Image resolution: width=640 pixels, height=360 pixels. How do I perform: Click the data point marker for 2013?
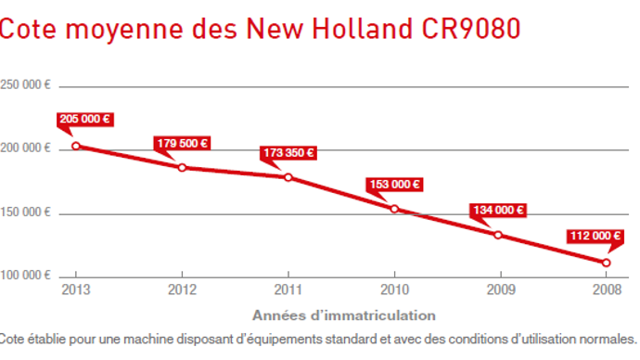point(76,146)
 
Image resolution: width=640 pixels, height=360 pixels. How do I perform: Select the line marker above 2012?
point(182,168)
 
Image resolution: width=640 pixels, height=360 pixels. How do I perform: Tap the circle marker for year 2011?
point(288,177)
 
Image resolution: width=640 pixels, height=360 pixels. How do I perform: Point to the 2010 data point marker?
point(394,209)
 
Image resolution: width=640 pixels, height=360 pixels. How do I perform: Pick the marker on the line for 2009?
point(498,235)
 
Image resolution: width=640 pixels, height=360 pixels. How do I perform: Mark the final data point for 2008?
point(606,263)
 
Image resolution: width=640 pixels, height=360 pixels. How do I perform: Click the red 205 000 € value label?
point(84,120)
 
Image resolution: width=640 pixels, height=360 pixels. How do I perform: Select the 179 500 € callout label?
point(182,143)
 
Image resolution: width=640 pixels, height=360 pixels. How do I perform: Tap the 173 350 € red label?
point(288,153)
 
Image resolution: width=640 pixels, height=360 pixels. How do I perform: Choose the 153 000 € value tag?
point(394,184)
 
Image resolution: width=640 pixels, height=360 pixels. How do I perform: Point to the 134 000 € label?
point(499,210)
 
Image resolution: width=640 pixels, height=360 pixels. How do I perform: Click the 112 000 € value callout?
point(594,236)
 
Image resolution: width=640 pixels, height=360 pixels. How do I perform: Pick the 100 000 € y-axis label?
point(25,276)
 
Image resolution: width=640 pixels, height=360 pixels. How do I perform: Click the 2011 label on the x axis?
point(288,289)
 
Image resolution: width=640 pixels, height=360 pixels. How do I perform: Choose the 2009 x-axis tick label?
point(499,289)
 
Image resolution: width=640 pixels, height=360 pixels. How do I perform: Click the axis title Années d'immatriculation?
point(343,314)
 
